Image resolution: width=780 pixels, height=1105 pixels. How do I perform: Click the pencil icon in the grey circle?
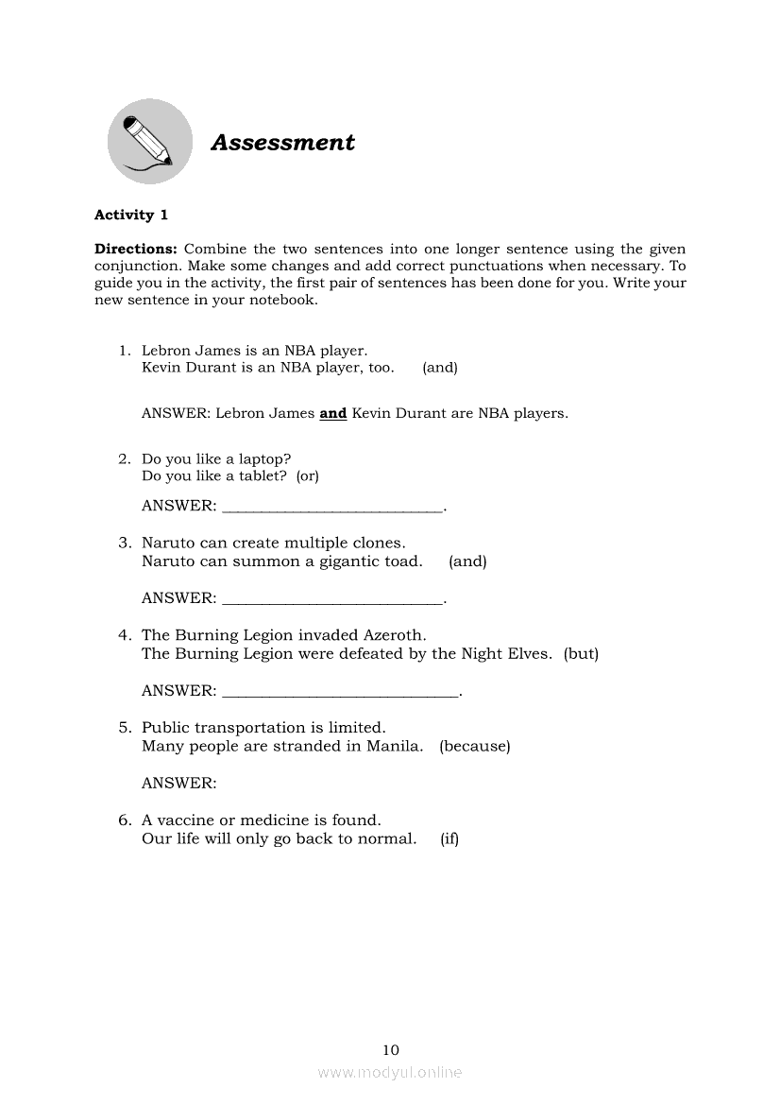click(x=148, y=142)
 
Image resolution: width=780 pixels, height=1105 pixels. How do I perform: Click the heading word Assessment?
click(x=282, y=143)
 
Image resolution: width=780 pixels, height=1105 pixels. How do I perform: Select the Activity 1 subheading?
click(x=131, y=215)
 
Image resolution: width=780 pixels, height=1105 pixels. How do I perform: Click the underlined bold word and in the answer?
click(x=333, y=413)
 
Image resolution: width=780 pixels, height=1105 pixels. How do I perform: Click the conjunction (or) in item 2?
click(x=308, y=476)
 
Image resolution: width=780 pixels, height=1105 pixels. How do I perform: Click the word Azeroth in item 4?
click(x=396, y=636)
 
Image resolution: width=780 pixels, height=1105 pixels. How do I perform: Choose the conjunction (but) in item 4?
click(x=581, y=654)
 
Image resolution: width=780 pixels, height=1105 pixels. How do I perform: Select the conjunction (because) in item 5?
click(x=474, y=747)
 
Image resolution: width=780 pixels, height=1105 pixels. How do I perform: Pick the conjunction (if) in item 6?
click(x=449, y=839)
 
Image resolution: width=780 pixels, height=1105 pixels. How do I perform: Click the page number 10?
click(x=391, y=1050)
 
